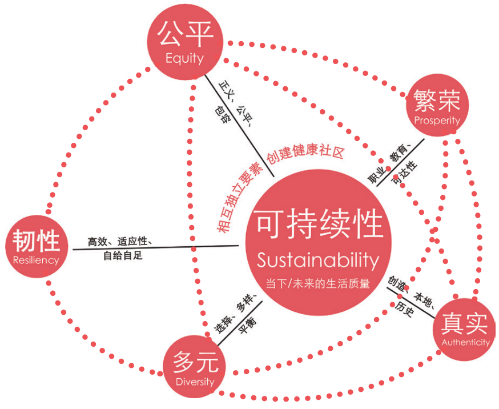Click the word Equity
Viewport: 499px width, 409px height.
(x=184, y=59)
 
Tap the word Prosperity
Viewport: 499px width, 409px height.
(x=437, y=121)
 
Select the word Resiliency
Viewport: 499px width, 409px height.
(x=36, y=260)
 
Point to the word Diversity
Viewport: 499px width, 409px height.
(x=195, y=382)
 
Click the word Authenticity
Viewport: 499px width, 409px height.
(x=465, y=342)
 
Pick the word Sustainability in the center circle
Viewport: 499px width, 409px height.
(x=318, y=260)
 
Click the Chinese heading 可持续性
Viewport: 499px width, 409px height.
(x=320, y=224)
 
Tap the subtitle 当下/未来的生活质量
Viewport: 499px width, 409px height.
(x=318, y=283)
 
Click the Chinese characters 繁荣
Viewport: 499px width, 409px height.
(x=437, y=101)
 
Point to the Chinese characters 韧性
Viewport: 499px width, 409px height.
(x=36, y=240)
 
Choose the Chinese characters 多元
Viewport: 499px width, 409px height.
(x=195, y=362)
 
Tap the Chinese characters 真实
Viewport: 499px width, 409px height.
(x=464, y=323)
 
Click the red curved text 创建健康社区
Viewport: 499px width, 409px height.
(x=305, y=152)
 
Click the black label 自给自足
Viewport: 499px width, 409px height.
(x=123, y=255)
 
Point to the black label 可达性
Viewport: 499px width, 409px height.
(x=404, y=173)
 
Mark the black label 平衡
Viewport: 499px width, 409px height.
(x=247, y=326)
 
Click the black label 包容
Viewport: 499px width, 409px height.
(x=222, y=115)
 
